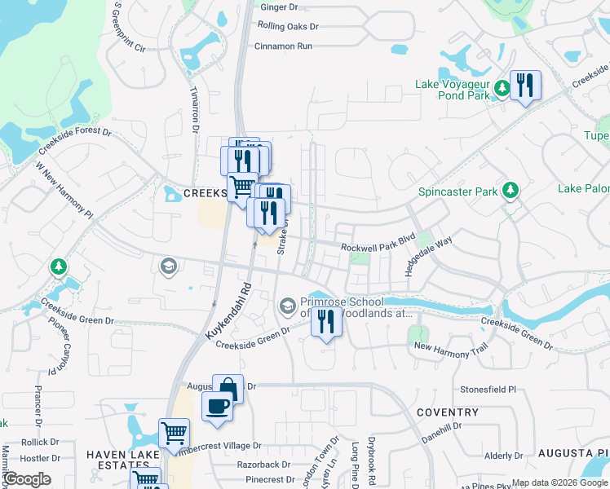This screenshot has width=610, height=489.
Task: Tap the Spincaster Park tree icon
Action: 511,191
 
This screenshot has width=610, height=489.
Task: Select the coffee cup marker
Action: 217,405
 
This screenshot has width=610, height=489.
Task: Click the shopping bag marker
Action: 228,389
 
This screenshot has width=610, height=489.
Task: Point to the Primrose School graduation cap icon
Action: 287,306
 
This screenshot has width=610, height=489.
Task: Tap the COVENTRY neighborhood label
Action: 447,412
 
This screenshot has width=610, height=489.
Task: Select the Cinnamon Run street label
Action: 284,46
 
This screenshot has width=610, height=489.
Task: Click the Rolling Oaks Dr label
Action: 288,26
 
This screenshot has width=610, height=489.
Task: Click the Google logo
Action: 27,479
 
